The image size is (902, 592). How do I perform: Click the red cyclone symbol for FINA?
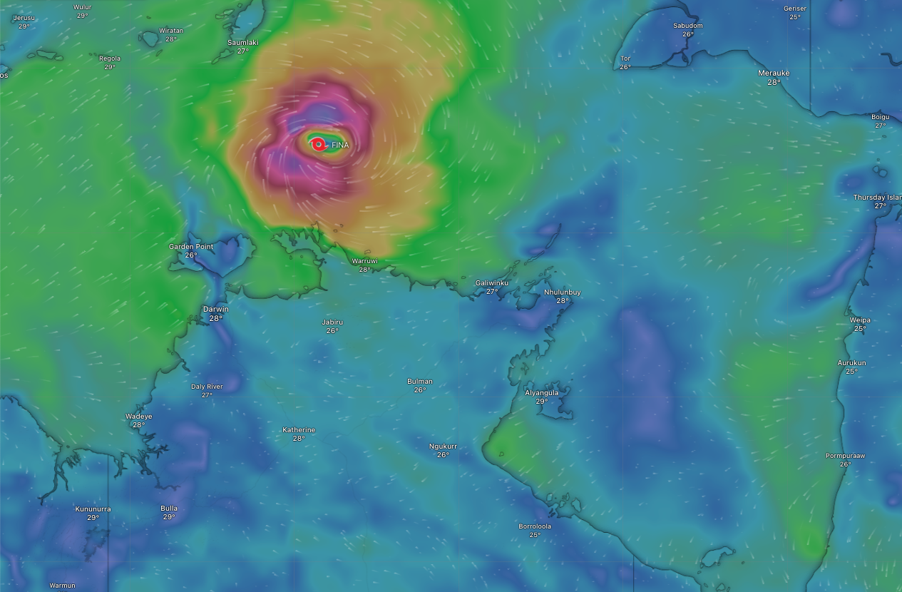(319, 145)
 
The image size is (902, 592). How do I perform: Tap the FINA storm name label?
(340, 146)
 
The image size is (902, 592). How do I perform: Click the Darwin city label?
(215, 309)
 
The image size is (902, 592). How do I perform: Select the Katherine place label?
(299, 430)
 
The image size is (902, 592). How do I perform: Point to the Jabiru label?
(332, 322)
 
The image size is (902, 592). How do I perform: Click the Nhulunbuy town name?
(562, 292)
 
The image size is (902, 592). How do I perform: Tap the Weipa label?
(860, 320)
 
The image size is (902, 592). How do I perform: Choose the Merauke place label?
(774, 73)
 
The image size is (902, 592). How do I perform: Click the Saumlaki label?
(242, 43)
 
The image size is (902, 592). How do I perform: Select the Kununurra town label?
(93, 509)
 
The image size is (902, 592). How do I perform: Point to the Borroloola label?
(535, 526)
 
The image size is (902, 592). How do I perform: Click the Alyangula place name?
(541, 393)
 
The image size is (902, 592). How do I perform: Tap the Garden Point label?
(190, 247)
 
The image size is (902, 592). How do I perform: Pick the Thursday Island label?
(878, 198)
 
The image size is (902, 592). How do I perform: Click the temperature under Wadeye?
(138, 425)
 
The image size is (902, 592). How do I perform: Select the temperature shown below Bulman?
(420, 390)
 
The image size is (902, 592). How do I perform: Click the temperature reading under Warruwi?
(364, 270)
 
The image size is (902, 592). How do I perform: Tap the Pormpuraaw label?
(845, 456)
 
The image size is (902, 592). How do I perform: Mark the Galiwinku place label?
(492, 283)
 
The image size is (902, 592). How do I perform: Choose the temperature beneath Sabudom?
(687, 34)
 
